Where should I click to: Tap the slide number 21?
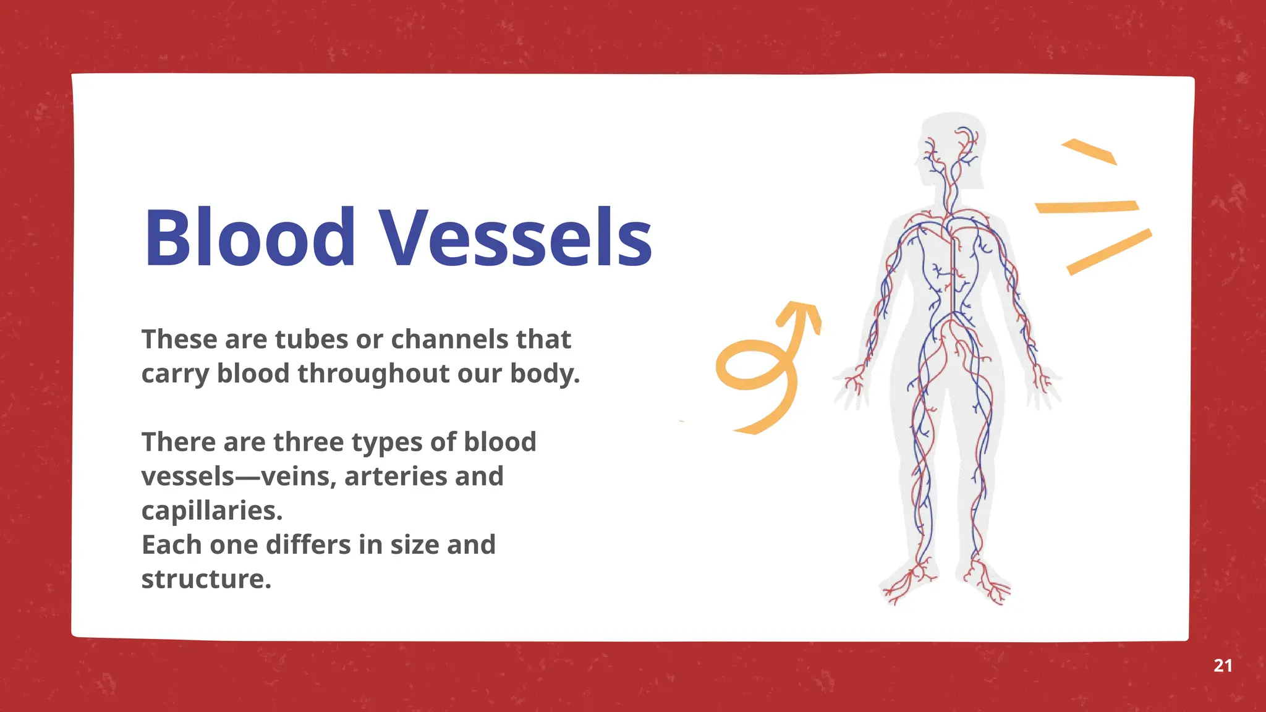pyautogui.click(x=1223, y=666)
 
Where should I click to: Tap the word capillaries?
pyautogui.click(x=211, y=511)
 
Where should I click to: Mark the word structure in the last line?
pyautogui.click(x=206, y=580)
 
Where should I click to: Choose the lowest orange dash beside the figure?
pyautogui.click(x=1109, y=252)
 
